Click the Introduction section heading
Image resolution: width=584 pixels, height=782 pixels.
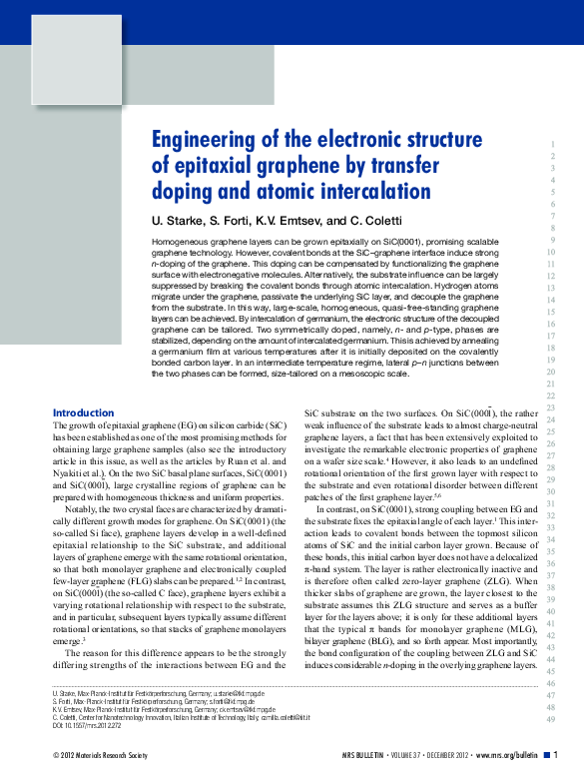coord(83,412)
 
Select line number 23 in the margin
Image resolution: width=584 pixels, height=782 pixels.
coord(550,409)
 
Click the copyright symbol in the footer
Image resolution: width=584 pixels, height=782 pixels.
coord(55,754)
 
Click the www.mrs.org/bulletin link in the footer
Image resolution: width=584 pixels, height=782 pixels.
coord(503,754)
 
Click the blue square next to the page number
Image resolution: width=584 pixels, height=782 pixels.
coord(545,754)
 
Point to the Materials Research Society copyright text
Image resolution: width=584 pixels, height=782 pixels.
coord(105,754)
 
